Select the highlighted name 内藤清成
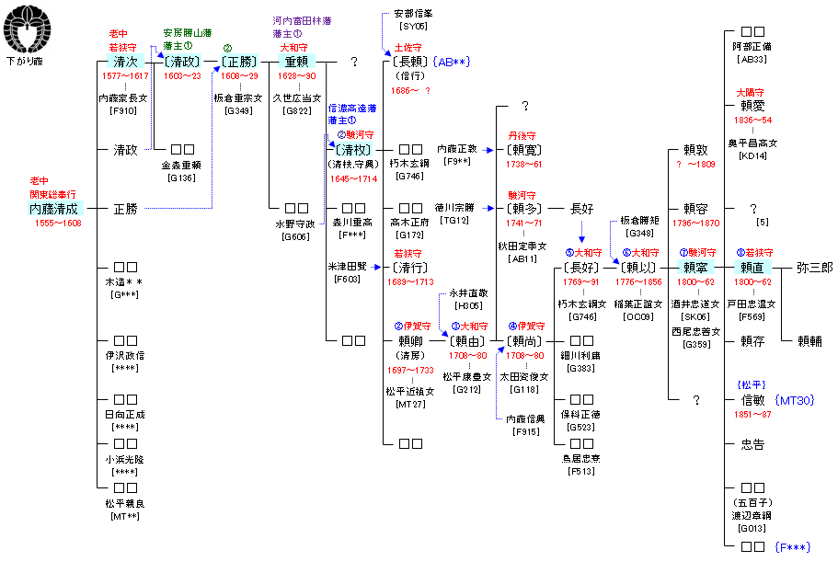click(53, 209)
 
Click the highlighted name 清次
click(126, 62)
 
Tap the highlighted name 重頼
click(296, 62)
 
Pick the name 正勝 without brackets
click(125, 209)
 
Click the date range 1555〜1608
click(58, 223)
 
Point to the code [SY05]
click(408, 27)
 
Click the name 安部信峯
click(412, 15)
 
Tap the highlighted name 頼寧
click(696, 268)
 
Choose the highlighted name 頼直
click(752, 268)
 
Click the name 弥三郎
click(814, 268)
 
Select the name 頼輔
click(809, 341)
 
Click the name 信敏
click(752, 400)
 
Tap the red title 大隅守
click(752, 93)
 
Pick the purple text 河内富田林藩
click(303, 20)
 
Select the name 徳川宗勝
click(454, 208)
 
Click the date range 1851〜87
click(753, 415)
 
